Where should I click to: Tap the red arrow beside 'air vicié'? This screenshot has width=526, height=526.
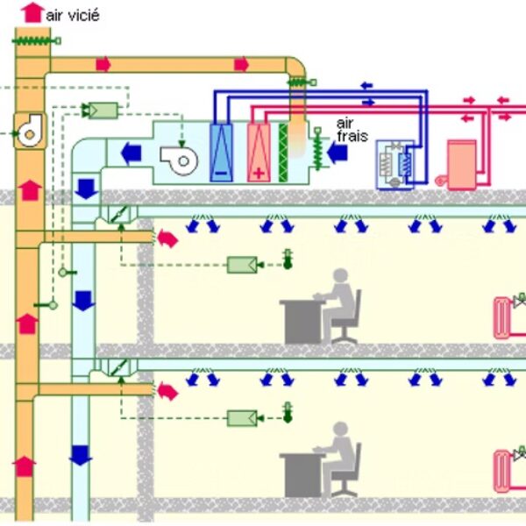32,11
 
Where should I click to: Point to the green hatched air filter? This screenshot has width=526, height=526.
283,153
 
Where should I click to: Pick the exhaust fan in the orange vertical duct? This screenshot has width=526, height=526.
31,130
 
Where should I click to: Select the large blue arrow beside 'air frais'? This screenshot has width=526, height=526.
338,154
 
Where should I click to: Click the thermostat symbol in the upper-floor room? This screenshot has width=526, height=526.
287,259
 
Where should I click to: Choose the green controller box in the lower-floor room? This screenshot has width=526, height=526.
242,417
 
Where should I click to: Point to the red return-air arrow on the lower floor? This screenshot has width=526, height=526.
167,389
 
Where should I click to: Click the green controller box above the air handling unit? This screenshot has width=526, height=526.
103,110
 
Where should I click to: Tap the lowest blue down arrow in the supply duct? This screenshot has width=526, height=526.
81,455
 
